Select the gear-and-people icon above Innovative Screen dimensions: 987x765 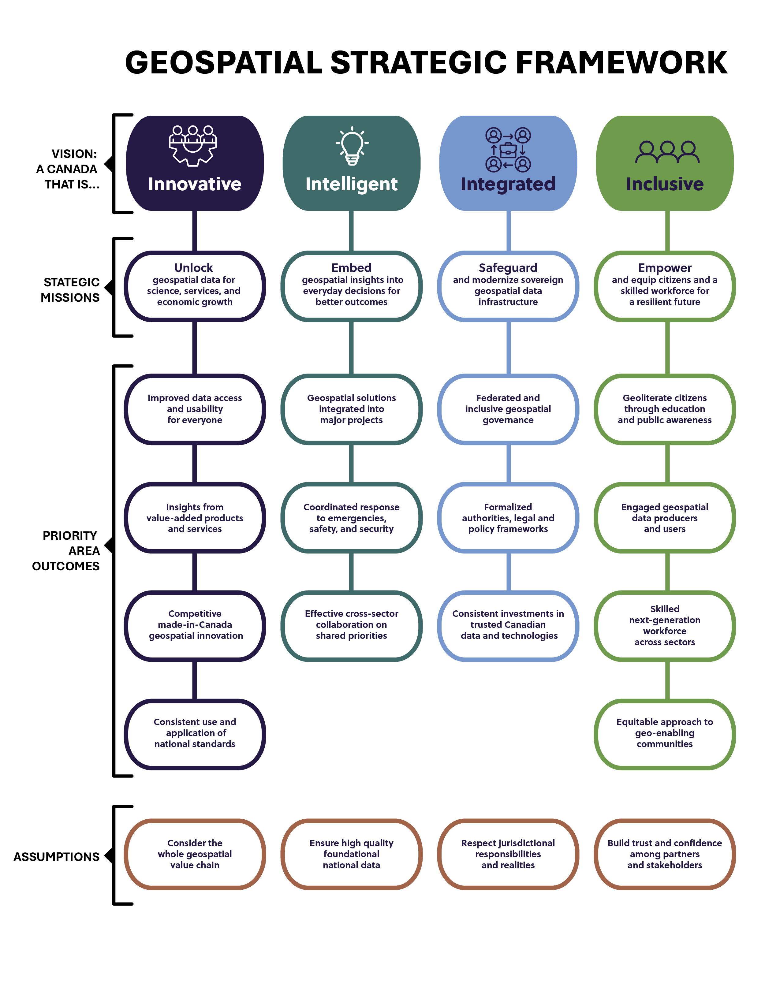193,146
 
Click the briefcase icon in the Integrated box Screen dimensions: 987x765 508,150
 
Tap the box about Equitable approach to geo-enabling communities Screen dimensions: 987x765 665,733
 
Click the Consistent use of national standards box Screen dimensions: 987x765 195,733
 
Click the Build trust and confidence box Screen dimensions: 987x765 665,854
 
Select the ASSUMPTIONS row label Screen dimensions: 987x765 57,857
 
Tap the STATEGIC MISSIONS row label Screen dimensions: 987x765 70,290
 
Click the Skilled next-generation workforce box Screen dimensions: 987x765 665,625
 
